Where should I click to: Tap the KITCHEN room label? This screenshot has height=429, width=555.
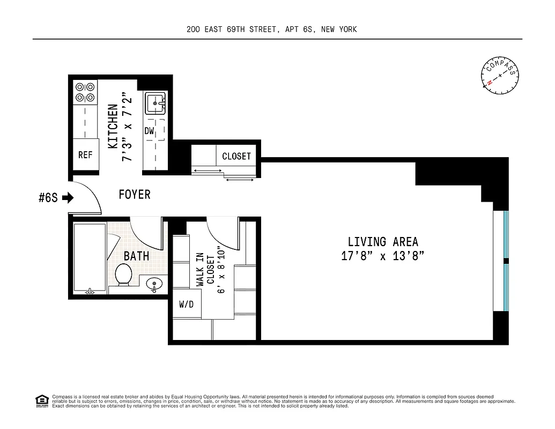pyautogui.click(x=113, y=127)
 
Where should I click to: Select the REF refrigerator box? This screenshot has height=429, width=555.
pyautogui.click(x=85, y=156)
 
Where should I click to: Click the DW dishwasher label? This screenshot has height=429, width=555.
pyautogui.click(x=149, y=131)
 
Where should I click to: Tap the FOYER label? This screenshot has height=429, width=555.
pyautogui.click(x=135, y=195)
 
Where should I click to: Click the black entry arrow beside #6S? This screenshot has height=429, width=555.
pyautogui.click(x=68, y=198)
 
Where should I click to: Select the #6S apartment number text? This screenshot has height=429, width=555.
pyautogui.click(x=48, y=198)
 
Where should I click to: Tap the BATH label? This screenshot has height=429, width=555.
pyautogui.click(x=136, y=256)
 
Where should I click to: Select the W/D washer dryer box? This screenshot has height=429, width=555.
pyautogui.click(x=186, y=305)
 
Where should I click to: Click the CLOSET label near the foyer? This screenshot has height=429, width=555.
pyautogui.click(x=236, y=156)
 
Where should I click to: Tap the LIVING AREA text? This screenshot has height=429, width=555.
pyautogui.click(x=383, y=242)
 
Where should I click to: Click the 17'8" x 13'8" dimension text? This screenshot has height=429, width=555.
pyautogui.click(x=383, y=256)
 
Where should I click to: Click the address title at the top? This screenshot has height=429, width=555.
pyautogui.click(x=271, y=29)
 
